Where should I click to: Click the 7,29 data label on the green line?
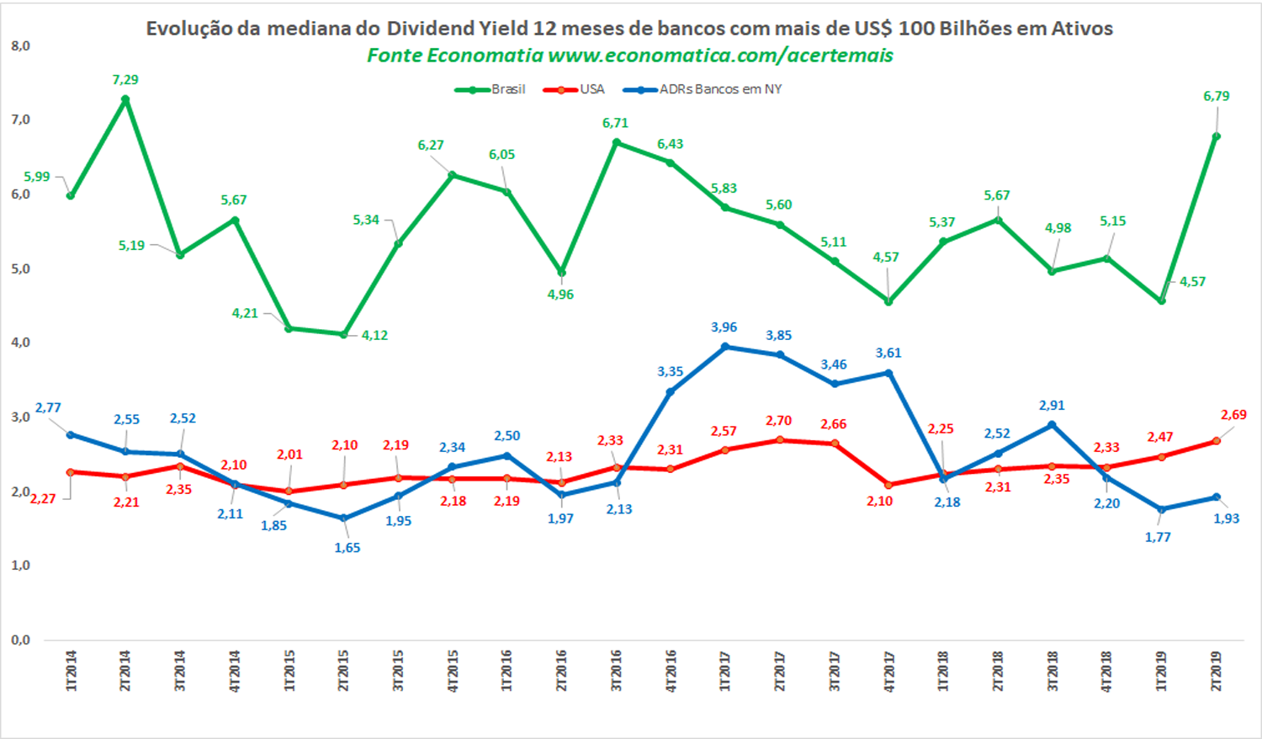click(125, 80)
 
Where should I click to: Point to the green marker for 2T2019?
click(1216, 136)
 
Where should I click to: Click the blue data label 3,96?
click(724, 327)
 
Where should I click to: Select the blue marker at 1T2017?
click(725, 347)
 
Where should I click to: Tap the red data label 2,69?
click(1233, 415)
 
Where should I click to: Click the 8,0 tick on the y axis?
click(20, 46)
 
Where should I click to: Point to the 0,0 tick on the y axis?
click(20, 640)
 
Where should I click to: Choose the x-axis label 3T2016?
click(617, 671)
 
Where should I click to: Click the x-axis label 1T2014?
click(72, 671)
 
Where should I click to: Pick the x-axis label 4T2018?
click(1106, 671)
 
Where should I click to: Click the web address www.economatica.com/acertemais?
click(720, 56)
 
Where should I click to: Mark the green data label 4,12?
click(374, 335)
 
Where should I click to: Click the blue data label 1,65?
click(347, 548)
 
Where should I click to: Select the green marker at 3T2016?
click(617, 142)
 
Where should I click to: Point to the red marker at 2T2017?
click(780, 440)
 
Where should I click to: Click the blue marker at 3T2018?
click(1052, 425)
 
